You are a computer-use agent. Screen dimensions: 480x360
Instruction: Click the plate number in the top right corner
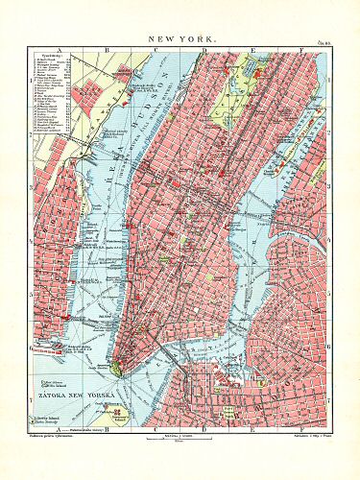pos(324,41)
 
